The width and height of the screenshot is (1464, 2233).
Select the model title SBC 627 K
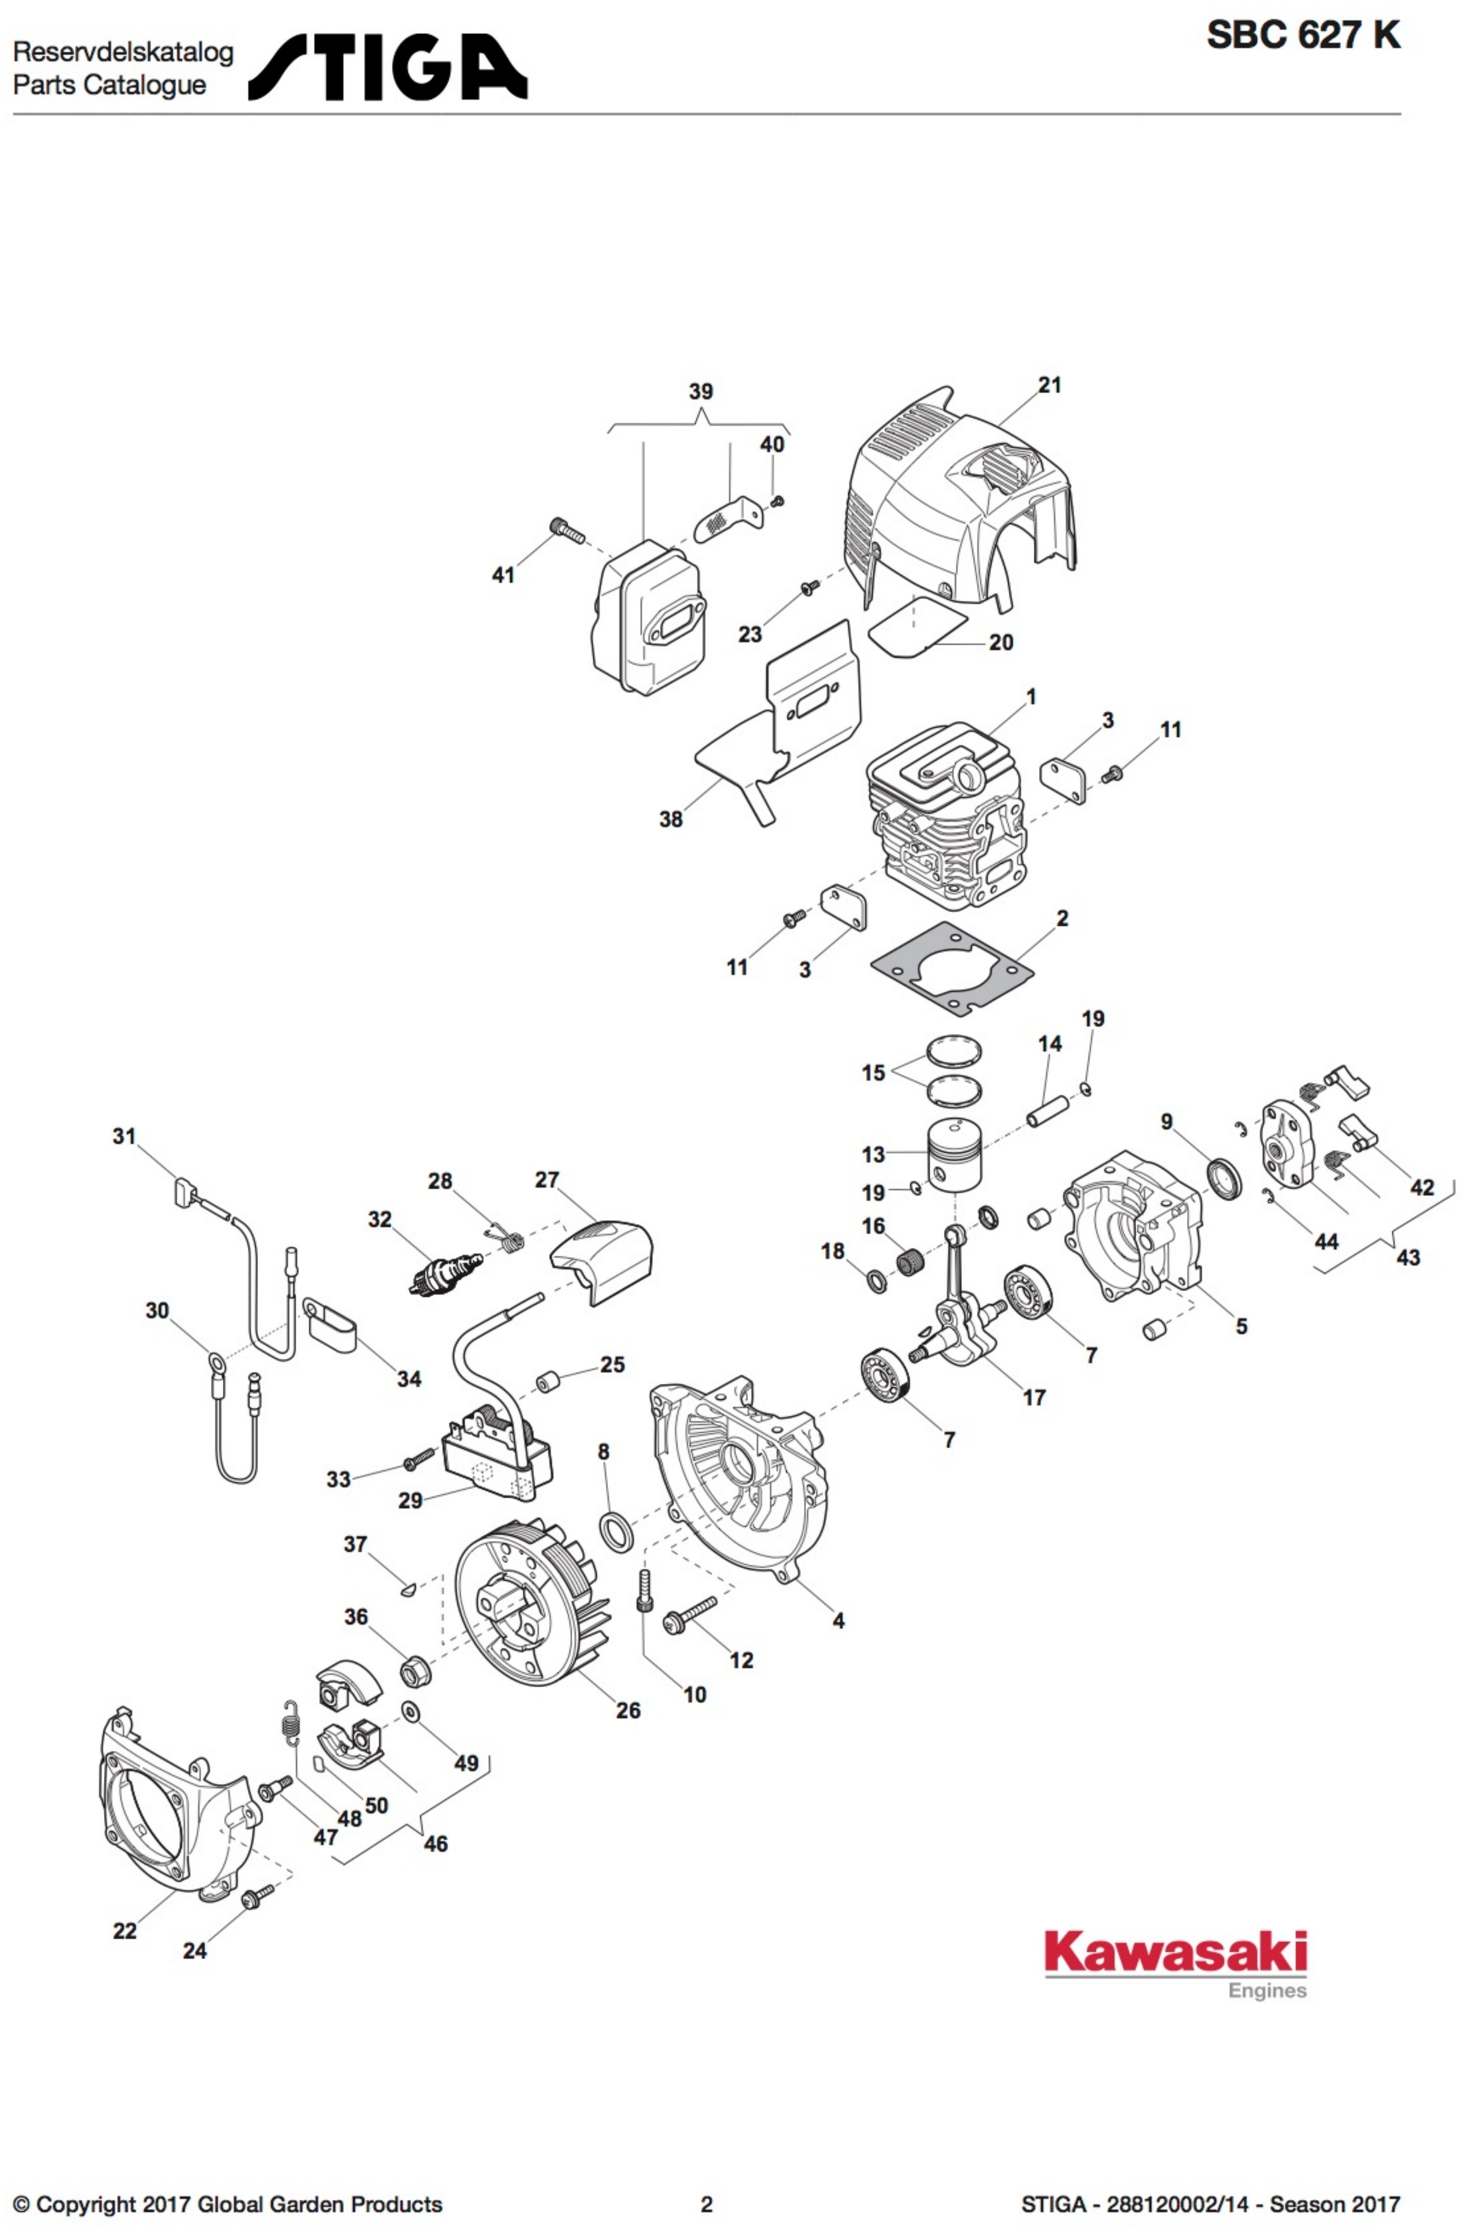1303,36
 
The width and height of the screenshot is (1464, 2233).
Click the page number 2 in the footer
707,2204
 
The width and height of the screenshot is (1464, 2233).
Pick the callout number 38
670,819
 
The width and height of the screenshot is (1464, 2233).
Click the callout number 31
125,1136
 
